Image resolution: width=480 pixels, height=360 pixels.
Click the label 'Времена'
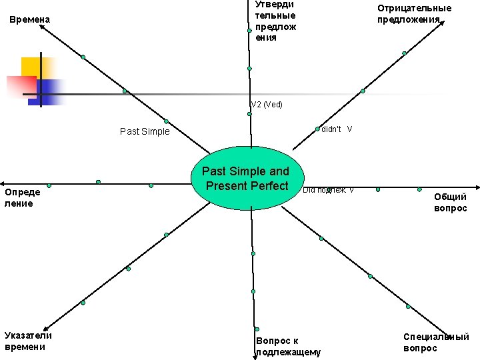30,20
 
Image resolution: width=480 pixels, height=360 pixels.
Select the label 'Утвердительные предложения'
275,21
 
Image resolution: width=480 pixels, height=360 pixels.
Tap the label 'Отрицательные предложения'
413,13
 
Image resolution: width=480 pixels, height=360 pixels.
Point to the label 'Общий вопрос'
450,203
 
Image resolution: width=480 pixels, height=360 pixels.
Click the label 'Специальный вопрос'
436,343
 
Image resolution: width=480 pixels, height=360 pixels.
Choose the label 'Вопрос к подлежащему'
288,346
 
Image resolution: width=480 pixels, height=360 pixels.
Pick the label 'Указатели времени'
28,341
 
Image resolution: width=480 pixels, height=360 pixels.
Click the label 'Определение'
23,198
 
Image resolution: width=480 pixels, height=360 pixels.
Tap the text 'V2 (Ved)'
267,105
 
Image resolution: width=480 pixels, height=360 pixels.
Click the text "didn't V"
337,129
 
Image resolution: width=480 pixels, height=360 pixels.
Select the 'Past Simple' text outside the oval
145,131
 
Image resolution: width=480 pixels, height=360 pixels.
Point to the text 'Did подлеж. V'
328,190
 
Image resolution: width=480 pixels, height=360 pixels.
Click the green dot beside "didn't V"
317,129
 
